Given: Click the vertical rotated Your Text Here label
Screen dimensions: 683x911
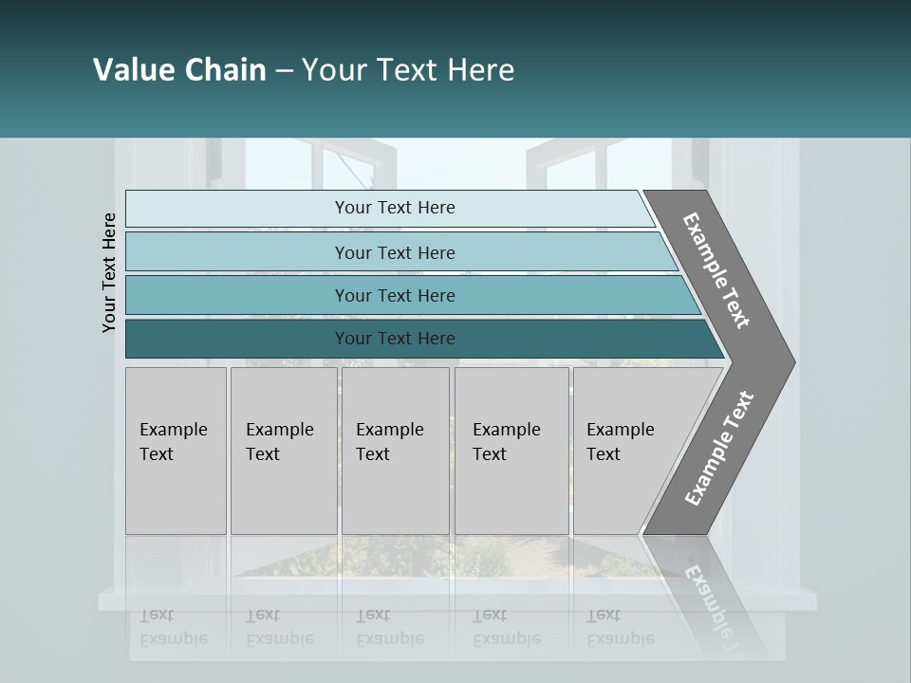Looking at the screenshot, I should (109, 272).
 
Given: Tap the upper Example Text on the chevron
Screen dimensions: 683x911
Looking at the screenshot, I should (716, 270).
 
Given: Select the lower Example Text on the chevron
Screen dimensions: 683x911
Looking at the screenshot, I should (719, 449).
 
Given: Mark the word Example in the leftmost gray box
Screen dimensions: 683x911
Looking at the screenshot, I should (173, 430).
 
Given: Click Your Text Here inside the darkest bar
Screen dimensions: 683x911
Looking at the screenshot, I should (395, 339).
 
